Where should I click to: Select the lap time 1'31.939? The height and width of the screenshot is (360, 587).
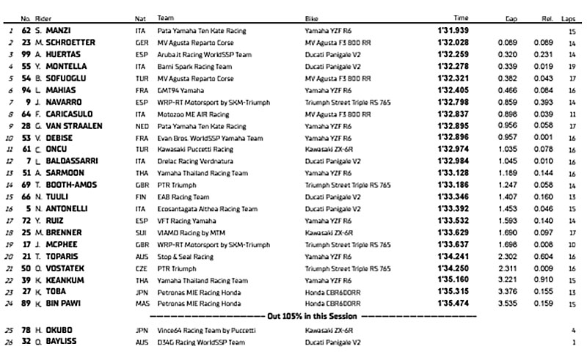pos(461,32)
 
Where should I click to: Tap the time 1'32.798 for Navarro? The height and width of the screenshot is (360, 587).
pos(461,102)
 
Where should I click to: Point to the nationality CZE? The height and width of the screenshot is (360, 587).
pos(140,268)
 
